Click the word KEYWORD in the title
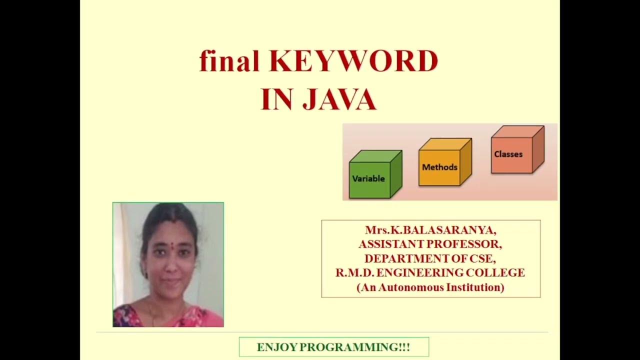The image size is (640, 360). pyautogui.click(x=353, y=62)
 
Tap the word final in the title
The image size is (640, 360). pyautogui.click(x=229, y=62)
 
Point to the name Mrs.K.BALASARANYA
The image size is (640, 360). pyautogui.click(x=430, y=230)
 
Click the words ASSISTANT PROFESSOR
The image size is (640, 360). pyautogui.click(x=430, y=244)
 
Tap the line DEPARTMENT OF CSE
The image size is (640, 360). pyautogui.click(x=430, y=258)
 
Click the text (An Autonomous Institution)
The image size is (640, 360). pyautogui.click(x=430, y=287)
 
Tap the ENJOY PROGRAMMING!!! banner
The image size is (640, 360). pyautogui.click(x=333, y=347)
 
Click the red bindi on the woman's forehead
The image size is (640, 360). pyautogui.click(x=171, y=245)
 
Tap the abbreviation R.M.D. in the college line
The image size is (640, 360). pyautogui.click(x=354, y=273)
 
